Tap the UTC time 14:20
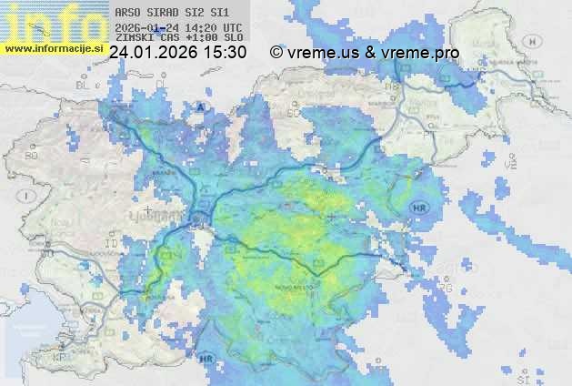(x=206, y=27)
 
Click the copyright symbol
(x=276, y=53)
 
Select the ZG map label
(x=445, y=288)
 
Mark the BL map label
(x=84, y=85)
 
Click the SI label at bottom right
(x=522, y=377)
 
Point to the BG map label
(x=32, y=156)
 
